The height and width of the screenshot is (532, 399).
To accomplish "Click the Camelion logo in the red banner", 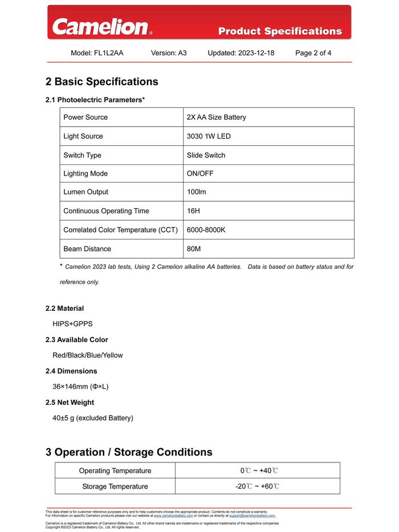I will pos(101,27).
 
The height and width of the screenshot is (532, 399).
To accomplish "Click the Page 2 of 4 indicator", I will pos(313,53).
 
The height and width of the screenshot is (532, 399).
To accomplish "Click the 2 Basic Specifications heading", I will pos(102,82).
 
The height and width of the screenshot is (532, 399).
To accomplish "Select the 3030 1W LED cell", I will pos(209,136).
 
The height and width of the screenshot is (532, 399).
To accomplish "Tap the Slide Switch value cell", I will pos(206,155).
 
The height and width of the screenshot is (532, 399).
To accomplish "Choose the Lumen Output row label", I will pos(85,192).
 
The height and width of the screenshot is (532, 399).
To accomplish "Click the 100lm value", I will pos(197,192).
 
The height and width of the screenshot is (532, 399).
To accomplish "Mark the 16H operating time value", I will pos(193,211).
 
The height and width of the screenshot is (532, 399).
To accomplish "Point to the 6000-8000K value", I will pos(206,230).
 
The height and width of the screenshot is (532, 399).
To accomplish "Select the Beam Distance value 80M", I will pos(194,249).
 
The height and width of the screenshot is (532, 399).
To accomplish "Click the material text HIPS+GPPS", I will pos(72,324).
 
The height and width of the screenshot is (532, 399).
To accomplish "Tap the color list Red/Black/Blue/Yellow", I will pos(88,355).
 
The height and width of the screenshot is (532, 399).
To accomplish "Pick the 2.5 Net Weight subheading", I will pos(70,403).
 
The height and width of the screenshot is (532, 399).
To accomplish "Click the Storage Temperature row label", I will pos(115,486).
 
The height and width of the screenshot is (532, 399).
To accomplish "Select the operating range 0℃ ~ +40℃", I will pos(259,471).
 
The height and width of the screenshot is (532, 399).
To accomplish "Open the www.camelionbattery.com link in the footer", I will pos(173,515).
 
